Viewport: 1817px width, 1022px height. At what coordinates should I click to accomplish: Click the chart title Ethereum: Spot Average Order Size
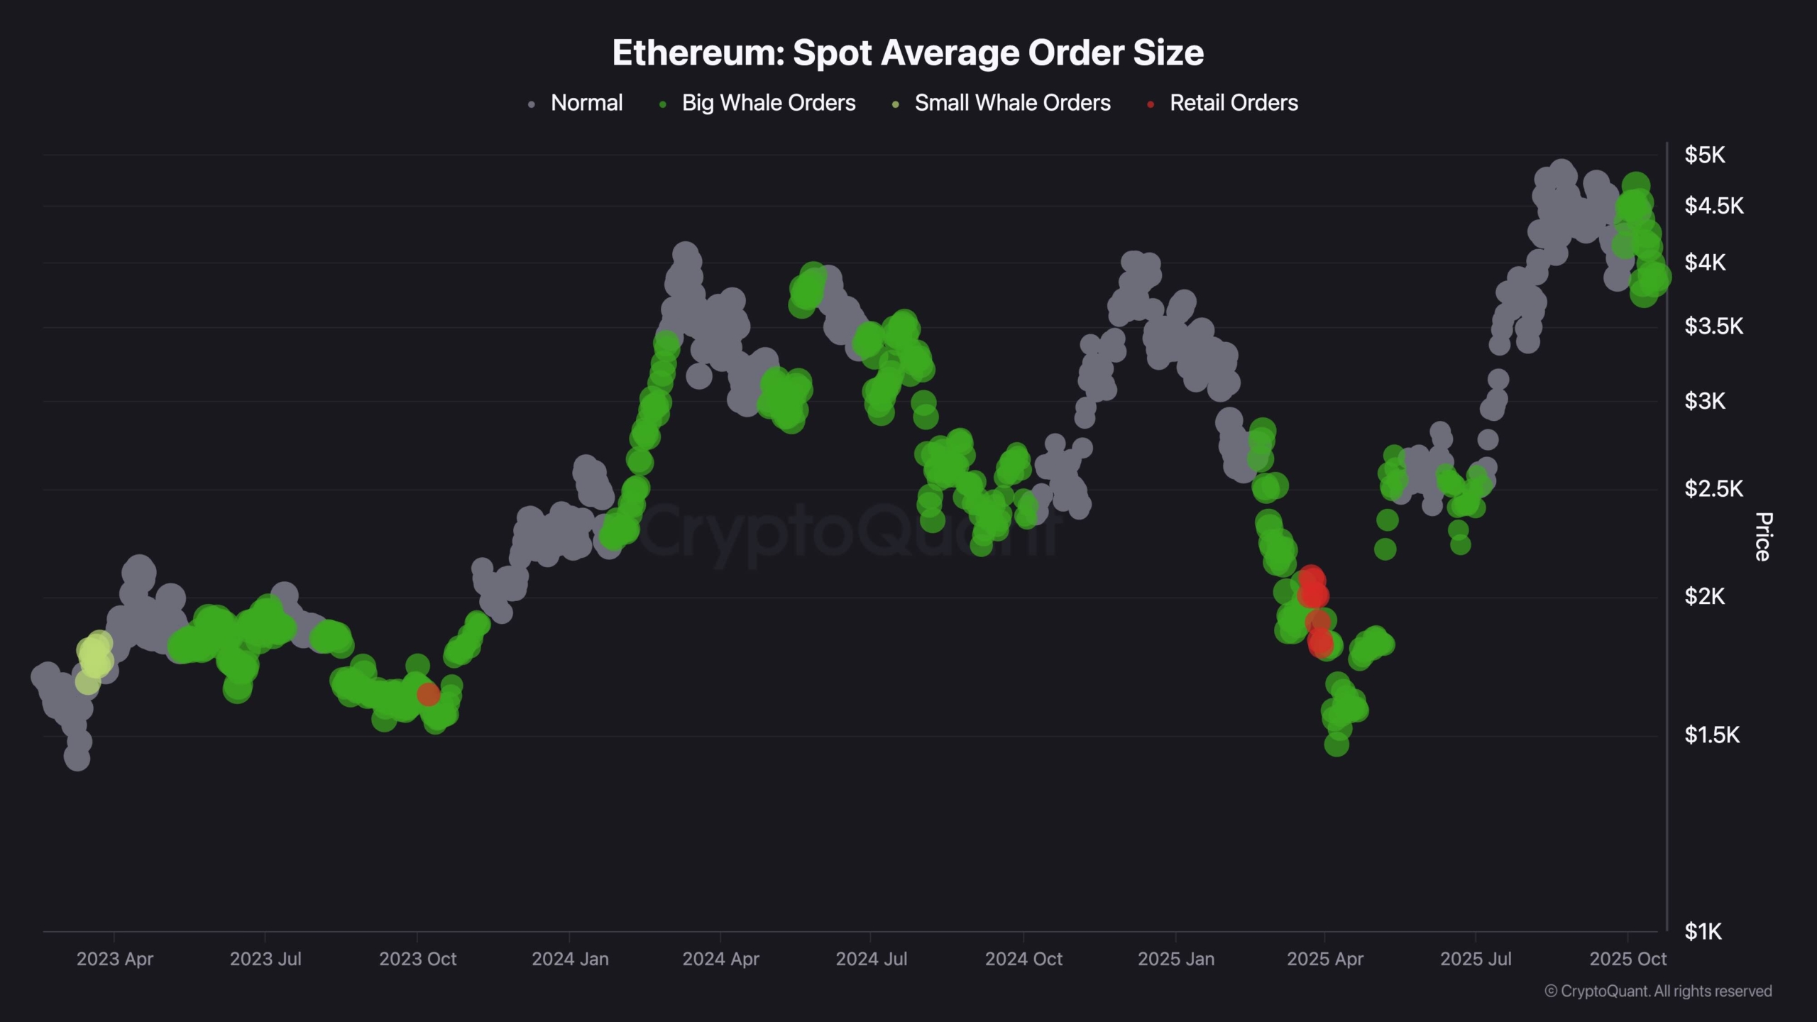click(908, 53)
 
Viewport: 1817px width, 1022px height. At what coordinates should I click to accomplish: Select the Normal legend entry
click(586, 104)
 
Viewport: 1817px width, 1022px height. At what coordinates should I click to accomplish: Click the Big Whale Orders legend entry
click(768, 104)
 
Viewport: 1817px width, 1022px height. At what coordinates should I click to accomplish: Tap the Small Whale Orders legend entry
click(1011, 104)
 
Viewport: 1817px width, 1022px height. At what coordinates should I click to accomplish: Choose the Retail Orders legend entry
click(1233, 104)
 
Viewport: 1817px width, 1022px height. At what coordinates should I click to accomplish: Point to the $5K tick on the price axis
click(1705, 155)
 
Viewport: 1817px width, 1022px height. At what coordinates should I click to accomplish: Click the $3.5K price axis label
click(1713, 326)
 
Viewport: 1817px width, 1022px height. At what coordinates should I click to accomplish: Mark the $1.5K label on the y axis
click(1712, 735)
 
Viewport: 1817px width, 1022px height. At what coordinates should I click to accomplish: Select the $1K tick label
click(1703, 931)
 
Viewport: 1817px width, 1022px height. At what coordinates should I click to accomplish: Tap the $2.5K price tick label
click(1713, 489)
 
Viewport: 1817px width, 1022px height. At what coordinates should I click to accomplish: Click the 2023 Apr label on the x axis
click(115, 959)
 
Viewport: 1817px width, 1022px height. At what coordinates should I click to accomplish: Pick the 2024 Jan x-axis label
click(570, 959)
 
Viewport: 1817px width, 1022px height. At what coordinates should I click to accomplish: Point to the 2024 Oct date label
click(1023, 959)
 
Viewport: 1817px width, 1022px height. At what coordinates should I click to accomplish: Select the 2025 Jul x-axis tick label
click(1476, 959)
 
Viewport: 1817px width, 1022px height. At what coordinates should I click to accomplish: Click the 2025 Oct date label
click(1627, 959)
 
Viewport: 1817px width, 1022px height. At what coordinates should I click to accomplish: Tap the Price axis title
click(1762, 537)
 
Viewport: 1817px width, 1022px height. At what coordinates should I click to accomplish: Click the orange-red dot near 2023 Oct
click(428, 694)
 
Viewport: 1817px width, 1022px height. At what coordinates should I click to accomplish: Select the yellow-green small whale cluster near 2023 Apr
click(94, 656)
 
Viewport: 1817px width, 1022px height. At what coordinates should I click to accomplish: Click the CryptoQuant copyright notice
click(1658, 991)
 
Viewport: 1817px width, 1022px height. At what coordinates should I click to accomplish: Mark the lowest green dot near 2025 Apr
click(1336, 744)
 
